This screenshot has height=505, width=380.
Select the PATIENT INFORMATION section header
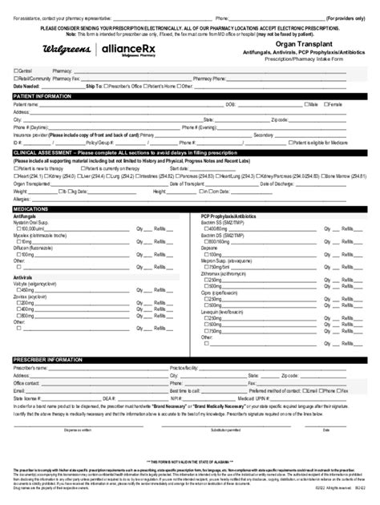point(49,95)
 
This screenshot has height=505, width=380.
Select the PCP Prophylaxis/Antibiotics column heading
point(234,215)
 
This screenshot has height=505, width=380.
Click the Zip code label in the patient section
point(279,120)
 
